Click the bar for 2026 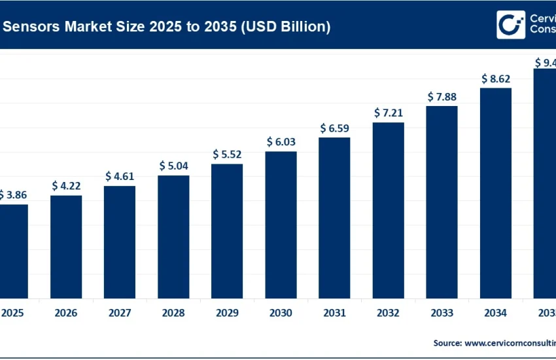66,246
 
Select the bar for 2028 173,236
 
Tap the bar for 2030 281,225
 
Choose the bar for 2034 495,192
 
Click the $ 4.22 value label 66,186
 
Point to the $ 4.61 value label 120,176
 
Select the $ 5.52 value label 227,154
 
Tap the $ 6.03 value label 281,142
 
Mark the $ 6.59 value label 334,128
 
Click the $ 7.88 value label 442,97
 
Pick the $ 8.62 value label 495,79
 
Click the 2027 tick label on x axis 120,313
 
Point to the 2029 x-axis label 227,313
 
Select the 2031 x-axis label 334,313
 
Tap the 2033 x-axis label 442,313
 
